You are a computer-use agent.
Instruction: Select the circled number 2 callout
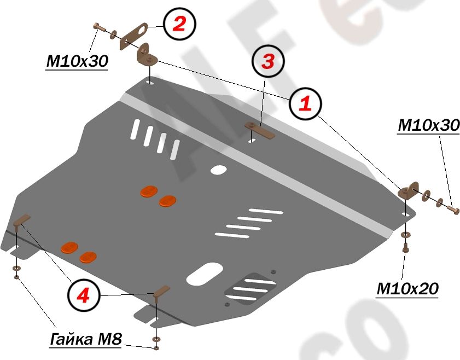click(x=179, y=24)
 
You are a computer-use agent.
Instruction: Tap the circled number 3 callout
click(x=267, y=61)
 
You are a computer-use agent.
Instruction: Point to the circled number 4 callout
click(x=83, y=296)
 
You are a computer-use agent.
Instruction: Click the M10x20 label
click(x=407, y=288)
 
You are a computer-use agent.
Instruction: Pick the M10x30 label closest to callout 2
click(x=77, y=62)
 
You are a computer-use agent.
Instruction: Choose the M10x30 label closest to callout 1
click(x=429, y=125)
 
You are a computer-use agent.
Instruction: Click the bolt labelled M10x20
click(x=405, y=248)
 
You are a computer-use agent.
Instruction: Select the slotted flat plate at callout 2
click(x=133, y=33)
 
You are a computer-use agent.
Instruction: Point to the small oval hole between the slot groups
click(x=219, y=170)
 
